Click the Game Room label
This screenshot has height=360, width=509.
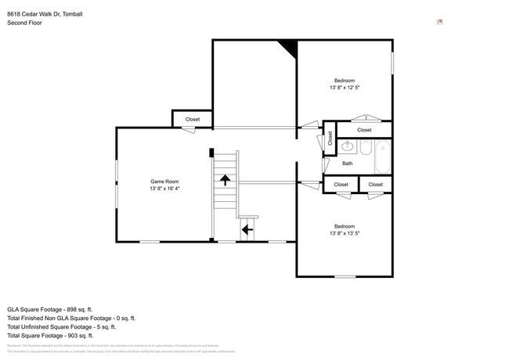[165, 182]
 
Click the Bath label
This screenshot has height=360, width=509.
[347, 164]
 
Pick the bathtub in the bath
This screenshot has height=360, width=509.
[383, 157]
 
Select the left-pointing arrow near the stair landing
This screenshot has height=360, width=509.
[247, 229]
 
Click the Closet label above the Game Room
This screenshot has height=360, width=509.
[192, 119]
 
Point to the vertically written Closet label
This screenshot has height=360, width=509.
[330, 139]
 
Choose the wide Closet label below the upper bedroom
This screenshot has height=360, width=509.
[364, 130]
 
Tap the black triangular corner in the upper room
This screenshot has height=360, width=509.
[289, 49]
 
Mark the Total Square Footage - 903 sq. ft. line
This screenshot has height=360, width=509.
[49, 336]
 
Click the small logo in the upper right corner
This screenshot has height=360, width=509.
[439, 21]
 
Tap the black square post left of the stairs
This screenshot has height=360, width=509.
[211, 153]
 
